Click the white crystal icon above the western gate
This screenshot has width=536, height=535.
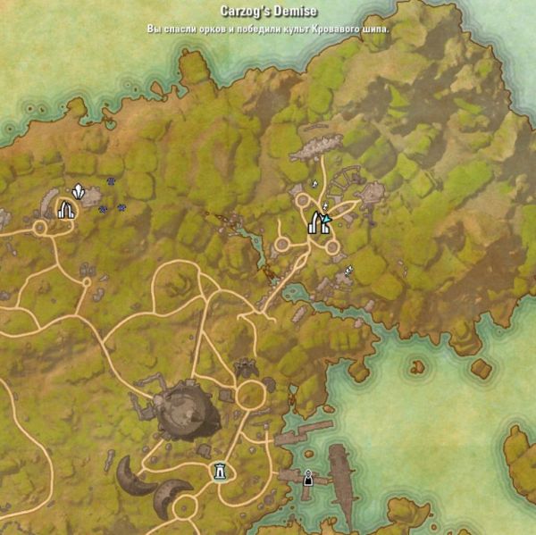click(79, 191)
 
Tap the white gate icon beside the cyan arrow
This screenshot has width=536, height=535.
click(314, 222)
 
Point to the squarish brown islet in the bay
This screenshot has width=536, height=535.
click(482, 368)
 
